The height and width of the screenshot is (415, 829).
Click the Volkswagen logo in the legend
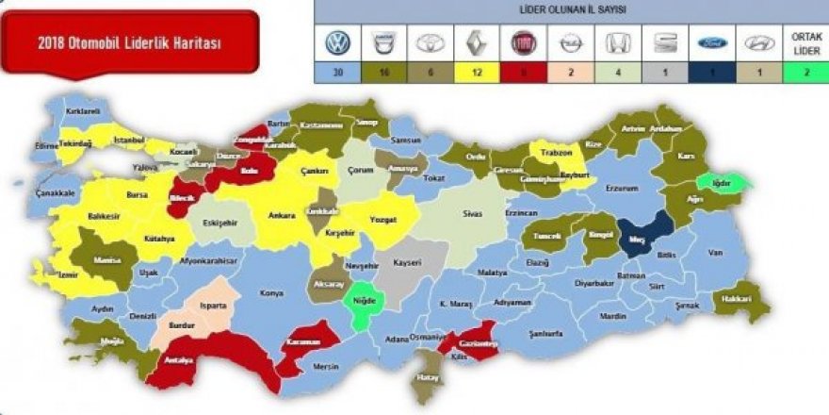pos(337,43)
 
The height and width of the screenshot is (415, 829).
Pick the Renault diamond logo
pos(475,43)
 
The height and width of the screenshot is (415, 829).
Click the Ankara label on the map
pos(282,214)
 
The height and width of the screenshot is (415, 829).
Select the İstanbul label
pos(129,140)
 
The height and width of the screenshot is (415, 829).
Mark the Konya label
pos(271,293)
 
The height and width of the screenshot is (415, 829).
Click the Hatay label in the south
pos(429,377)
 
